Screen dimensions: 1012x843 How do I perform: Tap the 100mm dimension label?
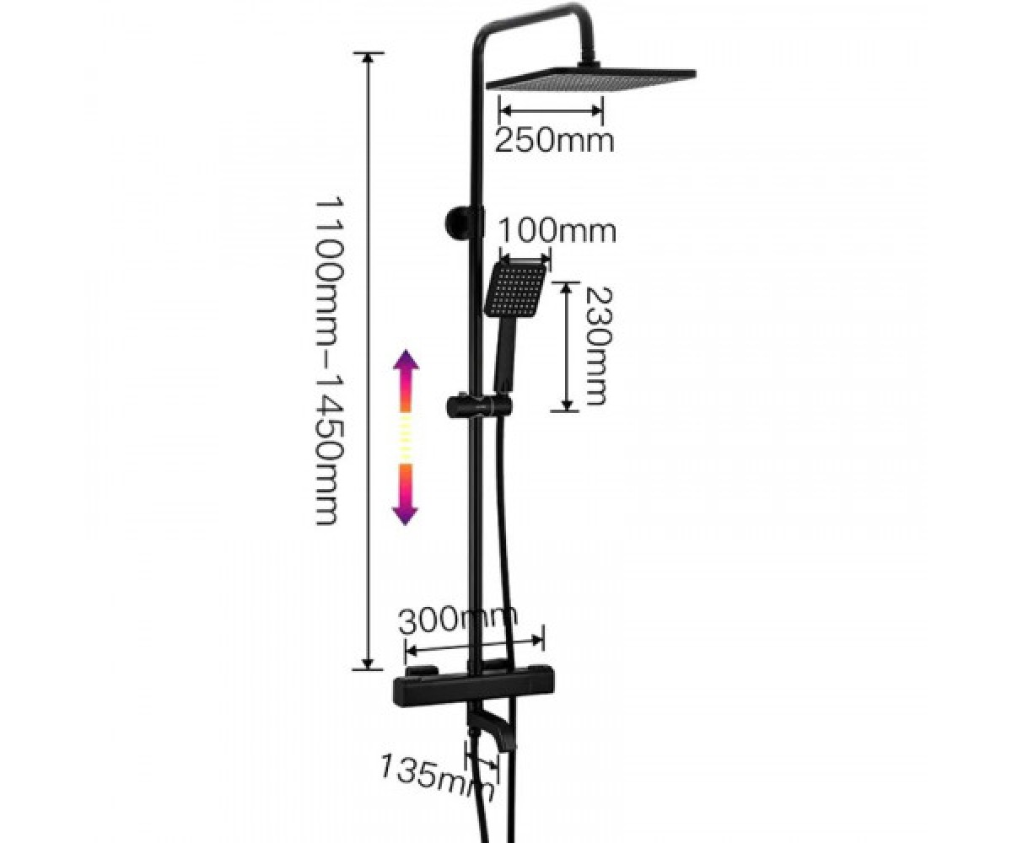(x=557, y=232)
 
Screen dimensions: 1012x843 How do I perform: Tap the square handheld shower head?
(x=518, y=287)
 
